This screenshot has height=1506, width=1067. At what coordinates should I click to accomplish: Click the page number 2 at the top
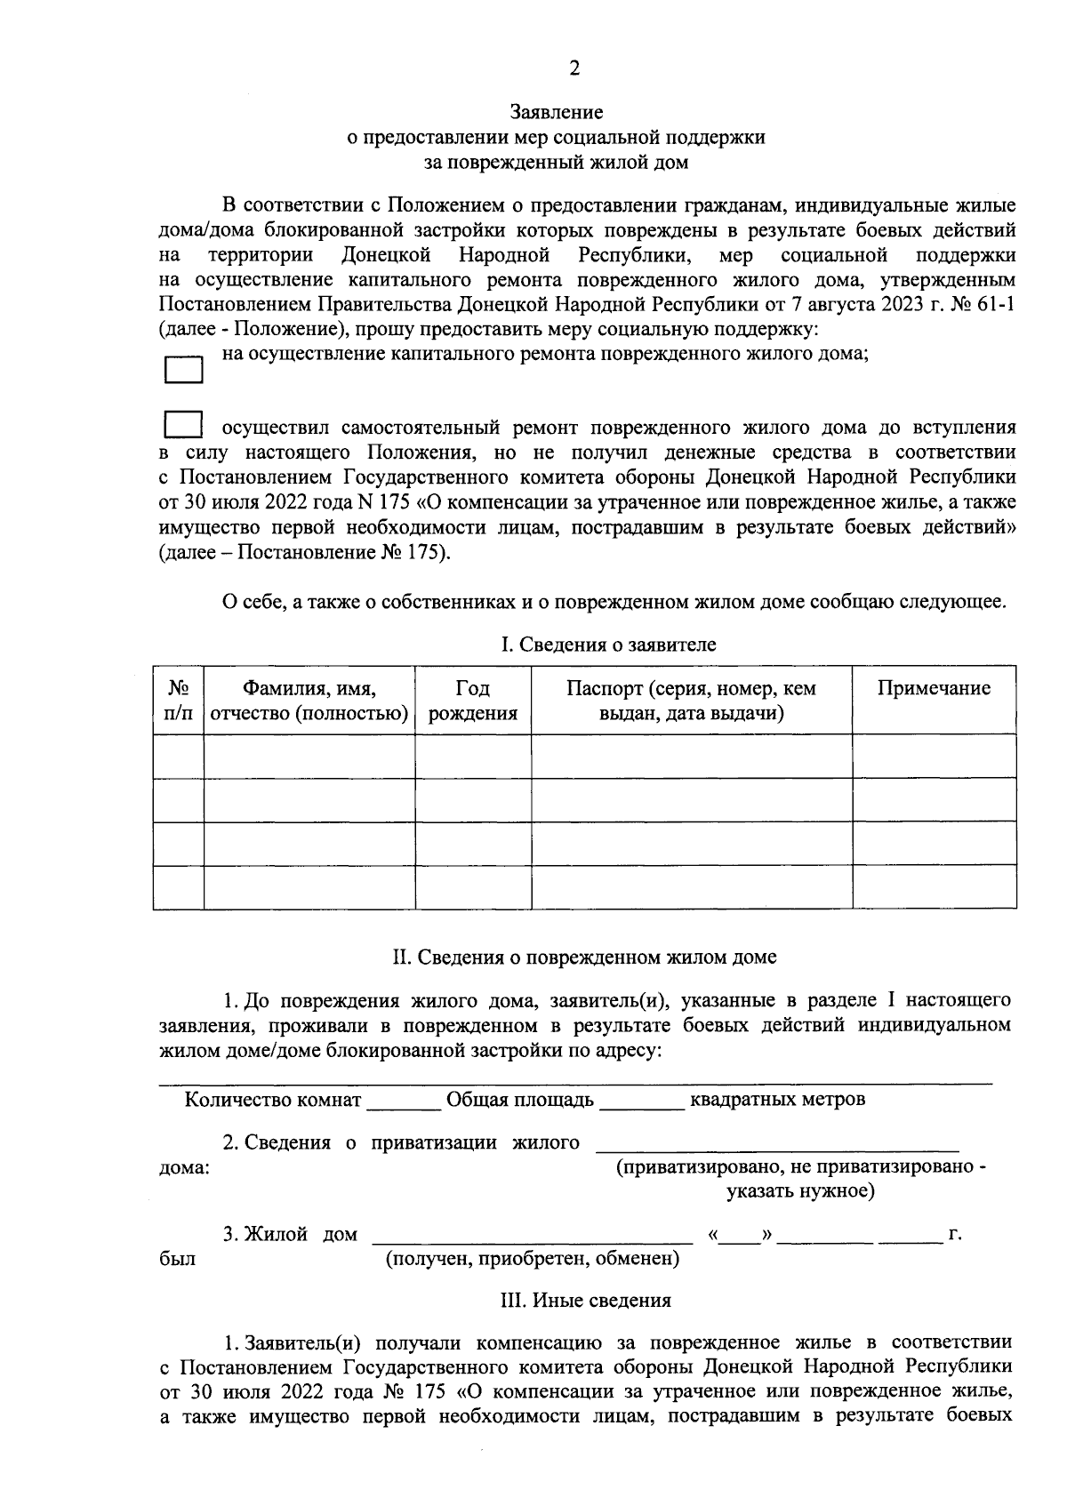point(574,69)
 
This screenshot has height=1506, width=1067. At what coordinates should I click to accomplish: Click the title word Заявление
point(557,112)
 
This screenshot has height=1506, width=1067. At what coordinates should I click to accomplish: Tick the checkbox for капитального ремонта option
point(183,369)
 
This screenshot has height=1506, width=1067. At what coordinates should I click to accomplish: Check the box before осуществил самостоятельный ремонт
point(183,424)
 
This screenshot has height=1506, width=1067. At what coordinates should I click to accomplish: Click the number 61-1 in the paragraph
point(993,305)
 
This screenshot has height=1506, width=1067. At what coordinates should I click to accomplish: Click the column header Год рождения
point(472,701)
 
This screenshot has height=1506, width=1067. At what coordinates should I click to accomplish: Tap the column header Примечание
point(934,688)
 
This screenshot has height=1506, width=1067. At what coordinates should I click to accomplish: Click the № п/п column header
point(179,701)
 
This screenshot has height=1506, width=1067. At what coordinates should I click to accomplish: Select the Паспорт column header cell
point(691,701)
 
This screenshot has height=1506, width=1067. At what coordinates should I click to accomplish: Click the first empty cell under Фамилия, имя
point(309,756)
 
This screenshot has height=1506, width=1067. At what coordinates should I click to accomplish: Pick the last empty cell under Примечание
point(934,886)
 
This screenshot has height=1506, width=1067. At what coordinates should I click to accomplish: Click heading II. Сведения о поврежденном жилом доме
point(584,957)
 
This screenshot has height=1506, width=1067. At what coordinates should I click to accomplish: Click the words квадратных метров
point(777,1100)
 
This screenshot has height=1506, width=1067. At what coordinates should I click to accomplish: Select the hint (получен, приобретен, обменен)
point(532,1259)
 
